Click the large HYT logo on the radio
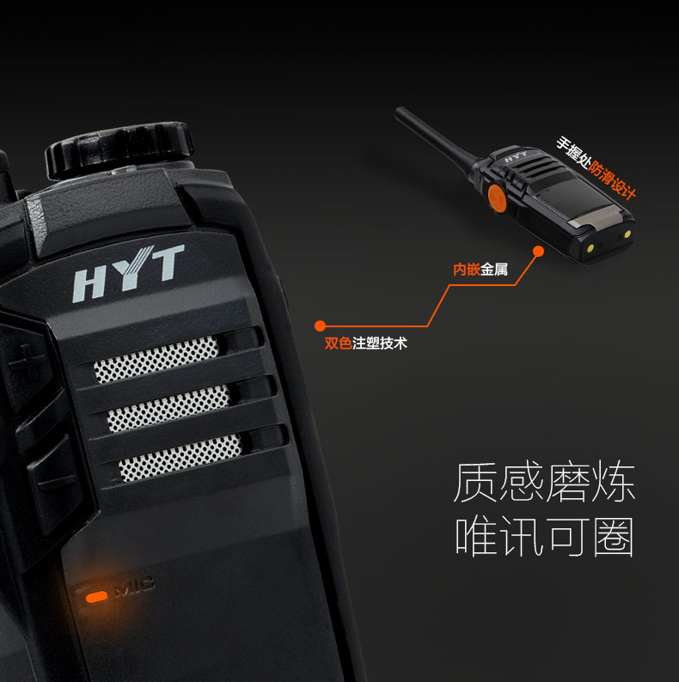[x=128, y=273]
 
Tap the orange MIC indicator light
[x=96, y=597]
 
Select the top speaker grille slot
[x=156, y=359]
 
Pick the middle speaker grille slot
[x=168, y=408]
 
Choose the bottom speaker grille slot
[x=180, y=458]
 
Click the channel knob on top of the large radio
[x=119, y=149]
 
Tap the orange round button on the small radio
[x=497, y=198]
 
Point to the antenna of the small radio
[x=435, y=139]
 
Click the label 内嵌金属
[x=480, y=270]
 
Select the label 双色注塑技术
[x=365, y=344]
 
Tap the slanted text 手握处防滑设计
[x=596, y=167]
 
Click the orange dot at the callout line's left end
[x=320, y=326]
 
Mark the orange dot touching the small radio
[x=538, y=251]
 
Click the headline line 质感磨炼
[x=544, y=484]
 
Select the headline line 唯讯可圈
[x=544, y=536]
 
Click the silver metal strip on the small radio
[x=593, y=217]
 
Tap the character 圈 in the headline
[x=614, y=536]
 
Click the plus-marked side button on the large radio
[x=26, y=361]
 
